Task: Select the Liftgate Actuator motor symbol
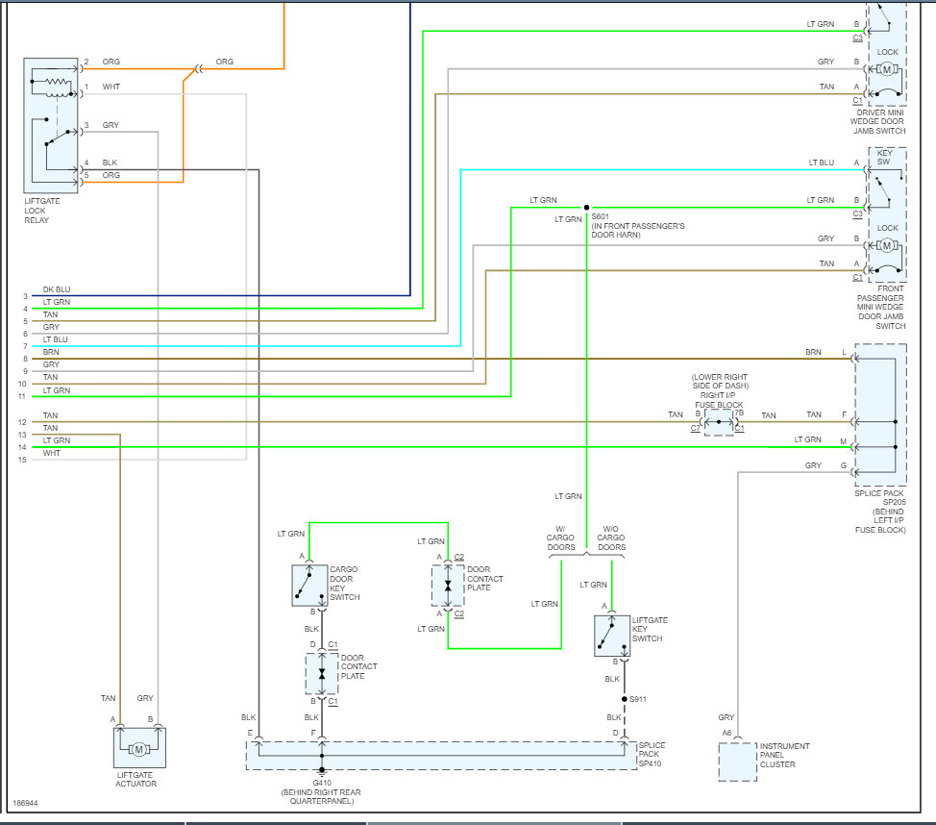click(138, 749)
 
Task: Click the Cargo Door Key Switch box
click(309, 586)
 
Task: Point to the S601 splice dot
click(585, 207)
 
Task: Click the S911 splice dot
click(625, 699)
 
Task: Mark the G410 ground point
click(322, 769)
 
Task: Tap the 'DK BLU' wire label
click(57, 289)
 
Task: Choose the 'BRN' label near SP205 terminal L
click(813, 353)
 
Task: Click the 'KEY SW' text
click(884, 158)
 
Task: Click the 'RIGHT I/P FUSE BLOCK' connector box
click(719, 421)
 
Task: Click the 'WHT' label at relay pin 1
click(111, 87)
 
